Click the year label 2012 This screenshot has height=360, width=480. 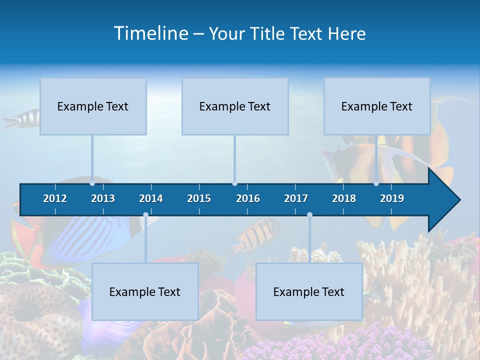click(55, 198)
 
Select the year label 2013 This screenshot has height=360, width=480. click(103, 198)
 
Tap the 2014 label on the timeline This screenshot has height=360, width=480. click(151, 198)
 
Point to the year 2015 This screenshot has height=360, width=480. click(199, 198)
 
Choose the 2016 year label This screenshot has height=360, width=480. click(248, 198)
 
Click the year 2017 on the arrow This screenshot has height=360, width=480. click(296, 198)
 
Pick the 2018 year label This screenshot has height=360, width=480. click(344, 198)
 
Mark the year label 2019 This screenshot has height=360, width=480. click(392, 198)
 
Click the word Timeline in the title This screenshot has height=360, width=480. click(151, 33)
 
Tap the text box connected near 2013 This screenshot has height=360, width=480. click(93, 106)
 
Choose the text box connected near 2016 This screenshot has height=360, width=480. click(235, 106)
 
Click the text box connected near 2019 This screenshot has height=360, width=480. click(377, 106)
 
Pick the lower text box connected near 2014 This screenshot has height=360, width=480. click(145, 291)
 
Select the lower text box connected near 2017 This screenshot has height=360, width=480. click(309, 291)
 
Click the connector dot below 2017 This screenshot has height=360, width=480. click(309, 214)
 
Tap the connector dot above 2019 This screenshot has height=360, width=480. click(376, 183)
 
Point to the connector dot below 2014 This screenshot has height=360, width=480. click(145, 214)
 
